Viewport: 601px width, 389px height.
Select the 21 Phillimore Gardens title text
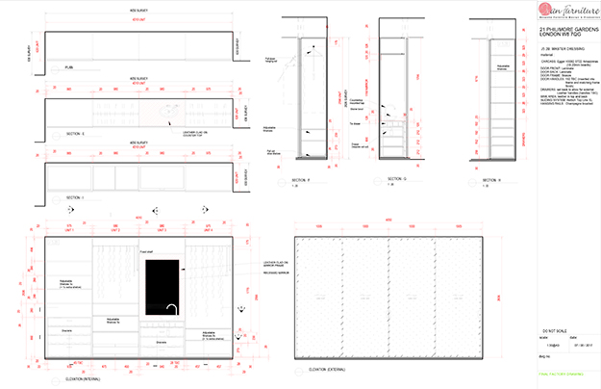(x=563, y=36)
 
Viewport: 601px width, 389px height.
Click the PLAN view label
(x=68, y=68)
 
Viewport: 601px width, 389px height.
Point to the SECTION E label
(x=76, y=132)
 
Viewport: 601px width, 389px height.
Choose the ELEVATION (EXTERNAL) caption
(x=317, y=367)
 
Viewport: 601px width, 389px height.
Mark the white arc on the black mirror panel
(x=170, y=308)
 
